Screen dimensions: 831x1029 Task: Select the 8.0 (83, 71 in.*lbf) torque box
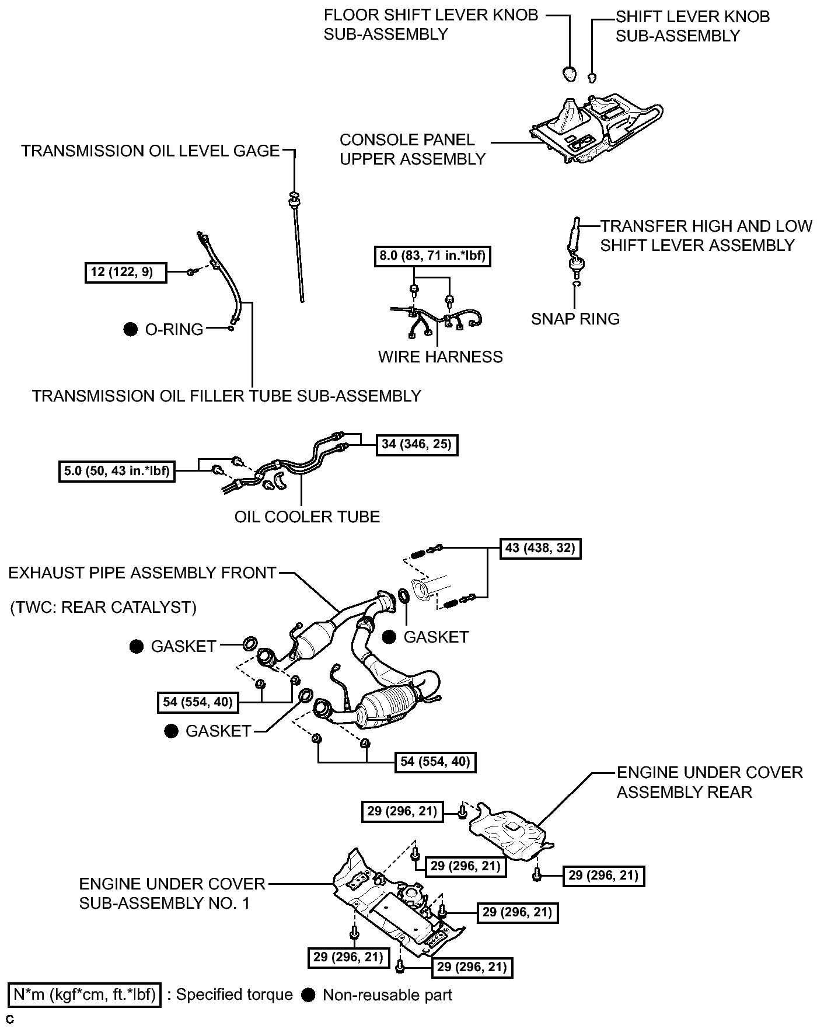tap(432, 256)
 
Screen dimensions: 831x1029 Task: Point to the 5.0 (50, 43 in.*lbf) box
tap(117, 471)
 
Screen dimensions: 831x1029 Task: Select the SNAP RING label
tap(575, 319)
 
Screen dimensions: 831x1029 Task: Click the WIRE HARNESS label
tap(441, 357)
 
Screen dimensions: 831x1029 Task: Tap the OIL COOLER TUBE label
tap(307, 517)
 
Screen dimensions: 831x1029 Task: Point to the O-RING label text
tap(174, 330)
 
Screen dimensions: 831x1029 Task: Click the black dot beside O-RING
tap(131, 329)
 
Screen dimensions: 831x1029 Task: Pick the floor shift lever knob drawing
tap(569, 73)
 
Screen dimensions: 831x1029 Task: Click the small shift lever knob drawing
tap(592, 76)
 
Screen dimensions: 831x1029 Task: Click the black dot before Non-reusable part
tap(309, 995)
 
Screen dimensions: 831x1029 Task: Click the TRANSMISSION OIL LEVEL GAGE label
tap(151, 151)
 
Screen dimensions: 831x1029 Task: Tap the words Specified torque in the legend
tap(235, 995)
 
